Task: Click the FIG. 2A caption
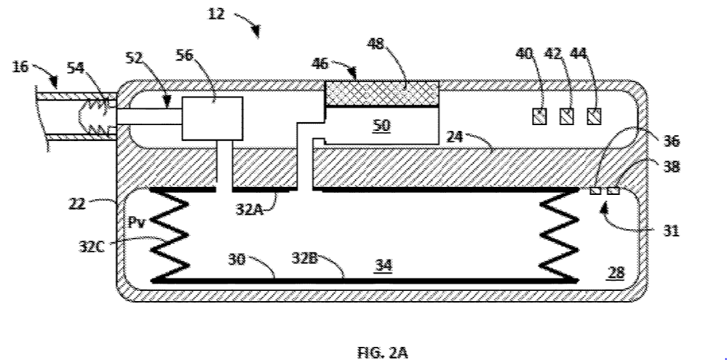pyautogui.click(x=383, y=353)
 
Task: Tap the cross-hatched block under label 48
pyautogui.click(x=381, y=93)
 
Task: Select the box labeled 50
pyautogui.click(x=381, y=125)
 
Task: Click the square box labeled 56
pyautogui.click(x=212, y=117)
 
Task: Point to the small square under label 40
pyautogui.click(x=539, y=116)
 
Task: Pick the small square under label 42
pyautogui.click(x=567, y=116)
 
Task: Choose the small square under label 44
pyautogui.click(x=595, y=116)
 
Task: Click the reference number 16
pyautogui.click(x=22, y=68)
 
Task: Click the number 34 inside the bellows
pyautogui.click(x=384, y=266)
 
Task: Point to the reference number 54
pyautogui.click(x=75, y=67)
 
